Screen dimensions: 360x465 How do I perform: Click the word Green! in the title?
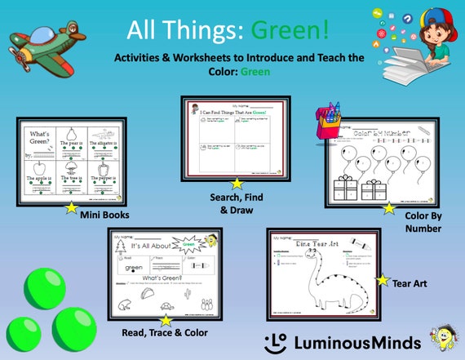pyautogui.click(x=290, y=32)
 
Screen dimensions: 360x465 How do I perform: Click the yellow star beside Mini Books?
pyautogui.click(x=71, y=207)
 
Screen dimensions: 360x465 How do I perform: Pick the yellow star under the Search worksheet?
pyautogui.click(x=237, y=183)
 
